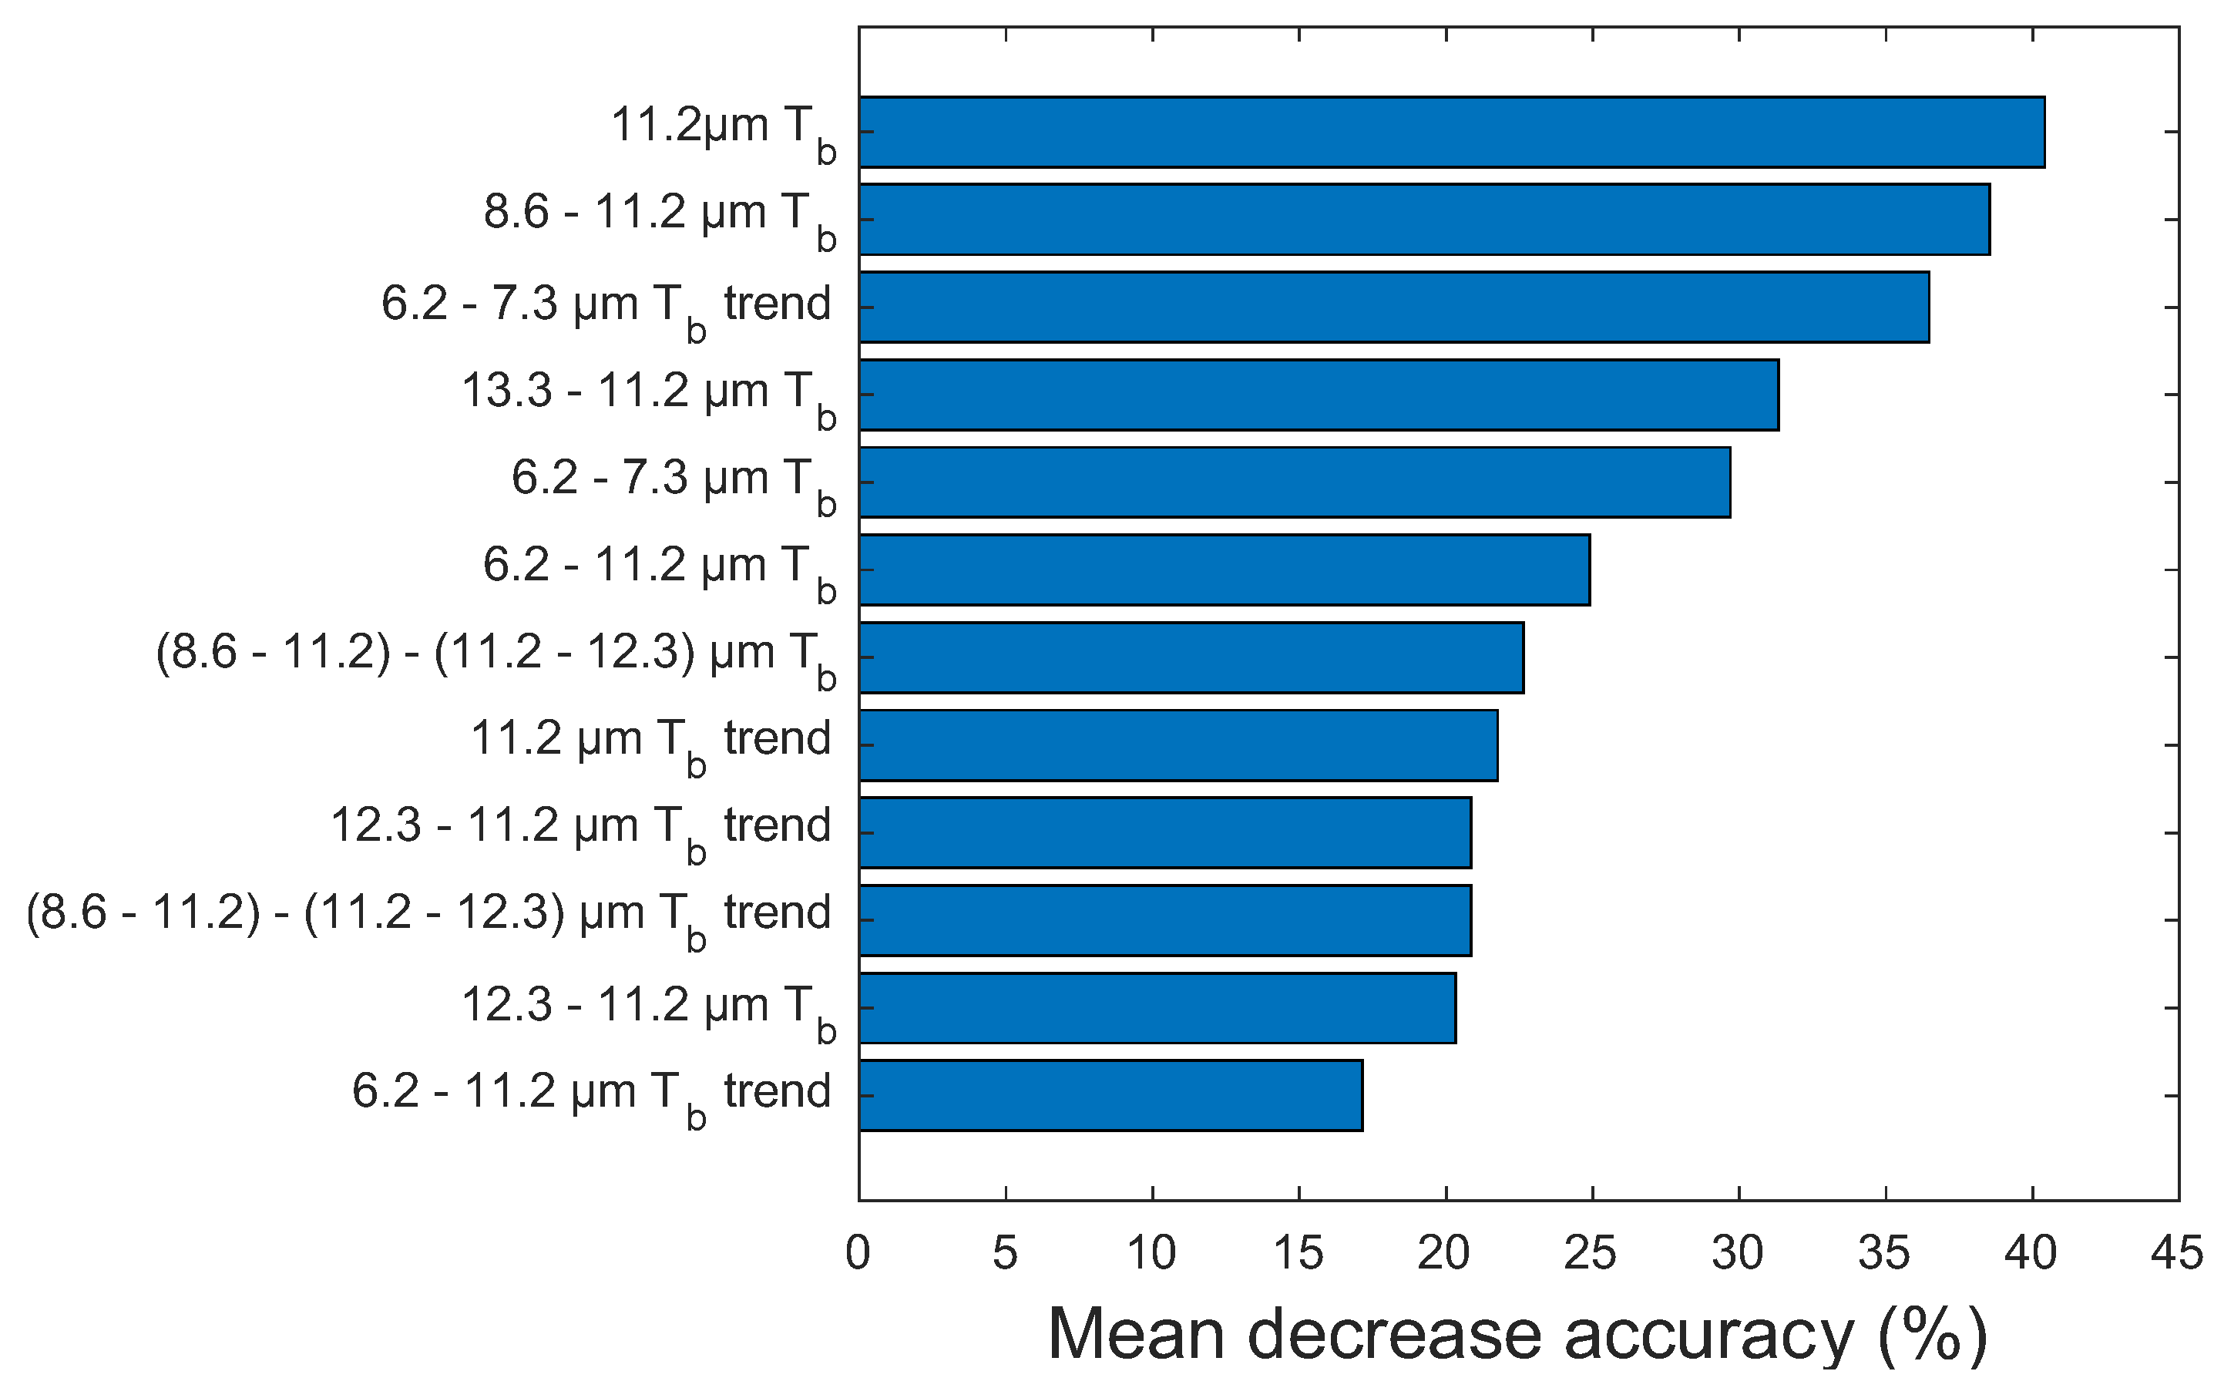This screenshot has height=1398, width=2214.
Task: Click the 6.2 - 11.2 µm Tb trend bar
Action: tap(1110, 1094)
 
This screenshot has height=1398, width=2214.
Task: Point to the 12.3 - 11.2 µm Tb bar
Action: tap(1157, 1007)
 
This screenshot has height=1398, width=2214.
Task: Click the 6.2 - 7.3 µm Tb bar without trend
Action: tap(1294, 482)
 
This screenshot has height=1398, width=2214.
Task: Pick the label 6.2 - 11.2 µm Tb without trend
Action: tap(659, 570)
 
